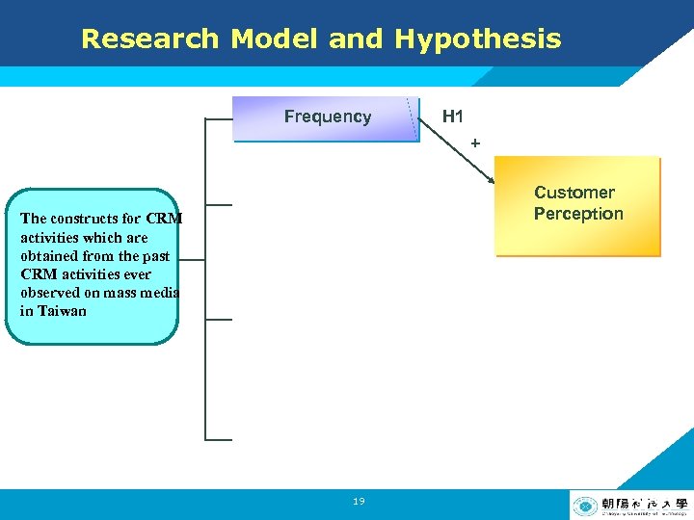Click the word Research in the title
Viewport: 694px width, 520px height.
[x=150, y=39]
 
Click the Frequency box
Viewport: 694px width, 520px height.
[x=327, y=118]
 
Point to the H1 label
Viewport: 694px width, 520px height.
[x=452, y=117]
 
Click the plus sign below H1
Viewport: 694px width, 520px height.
[x=474, y=143]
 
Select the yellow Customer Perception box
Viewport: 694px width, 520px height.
[x=577, y=207]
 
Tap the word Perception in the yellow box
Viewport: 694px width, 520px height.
[x=578, y=214]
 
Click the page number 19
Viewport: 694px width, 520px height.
[x=359, y=502]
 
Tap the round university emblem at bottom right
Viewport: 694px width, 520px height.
[x=584, y=506]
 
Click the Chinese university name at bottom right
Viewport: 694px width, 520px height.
[x=644, y=502]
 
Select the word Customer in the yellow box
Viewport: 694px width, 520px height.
[x=574, y=193]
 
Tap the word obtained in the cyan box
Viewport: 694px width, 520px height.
[x=49, y=256]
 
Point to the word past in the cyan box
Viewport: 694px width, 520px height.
[x=154, y=256]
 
